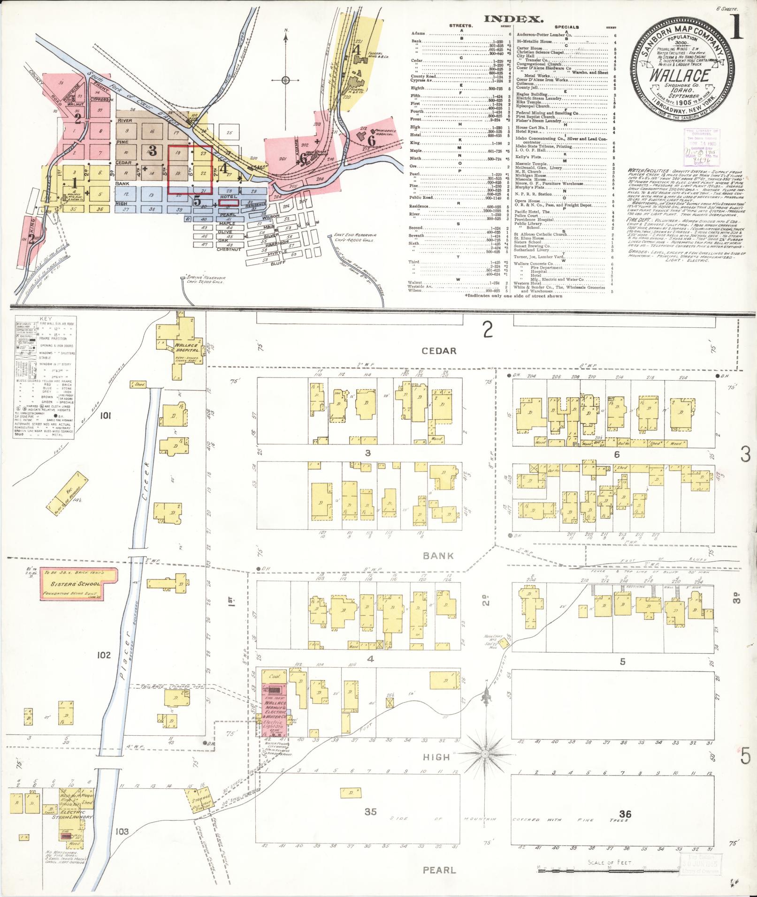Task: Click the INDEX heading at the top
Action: [514, 19]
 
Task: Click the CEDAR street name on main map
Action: [438, 351]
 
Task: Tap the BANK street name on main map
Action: [438, 556]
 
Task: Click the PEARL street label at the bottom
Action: [439, 870]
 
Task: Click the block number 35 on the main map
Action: [371, 812]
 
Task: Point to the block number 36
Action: [625, 814]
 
